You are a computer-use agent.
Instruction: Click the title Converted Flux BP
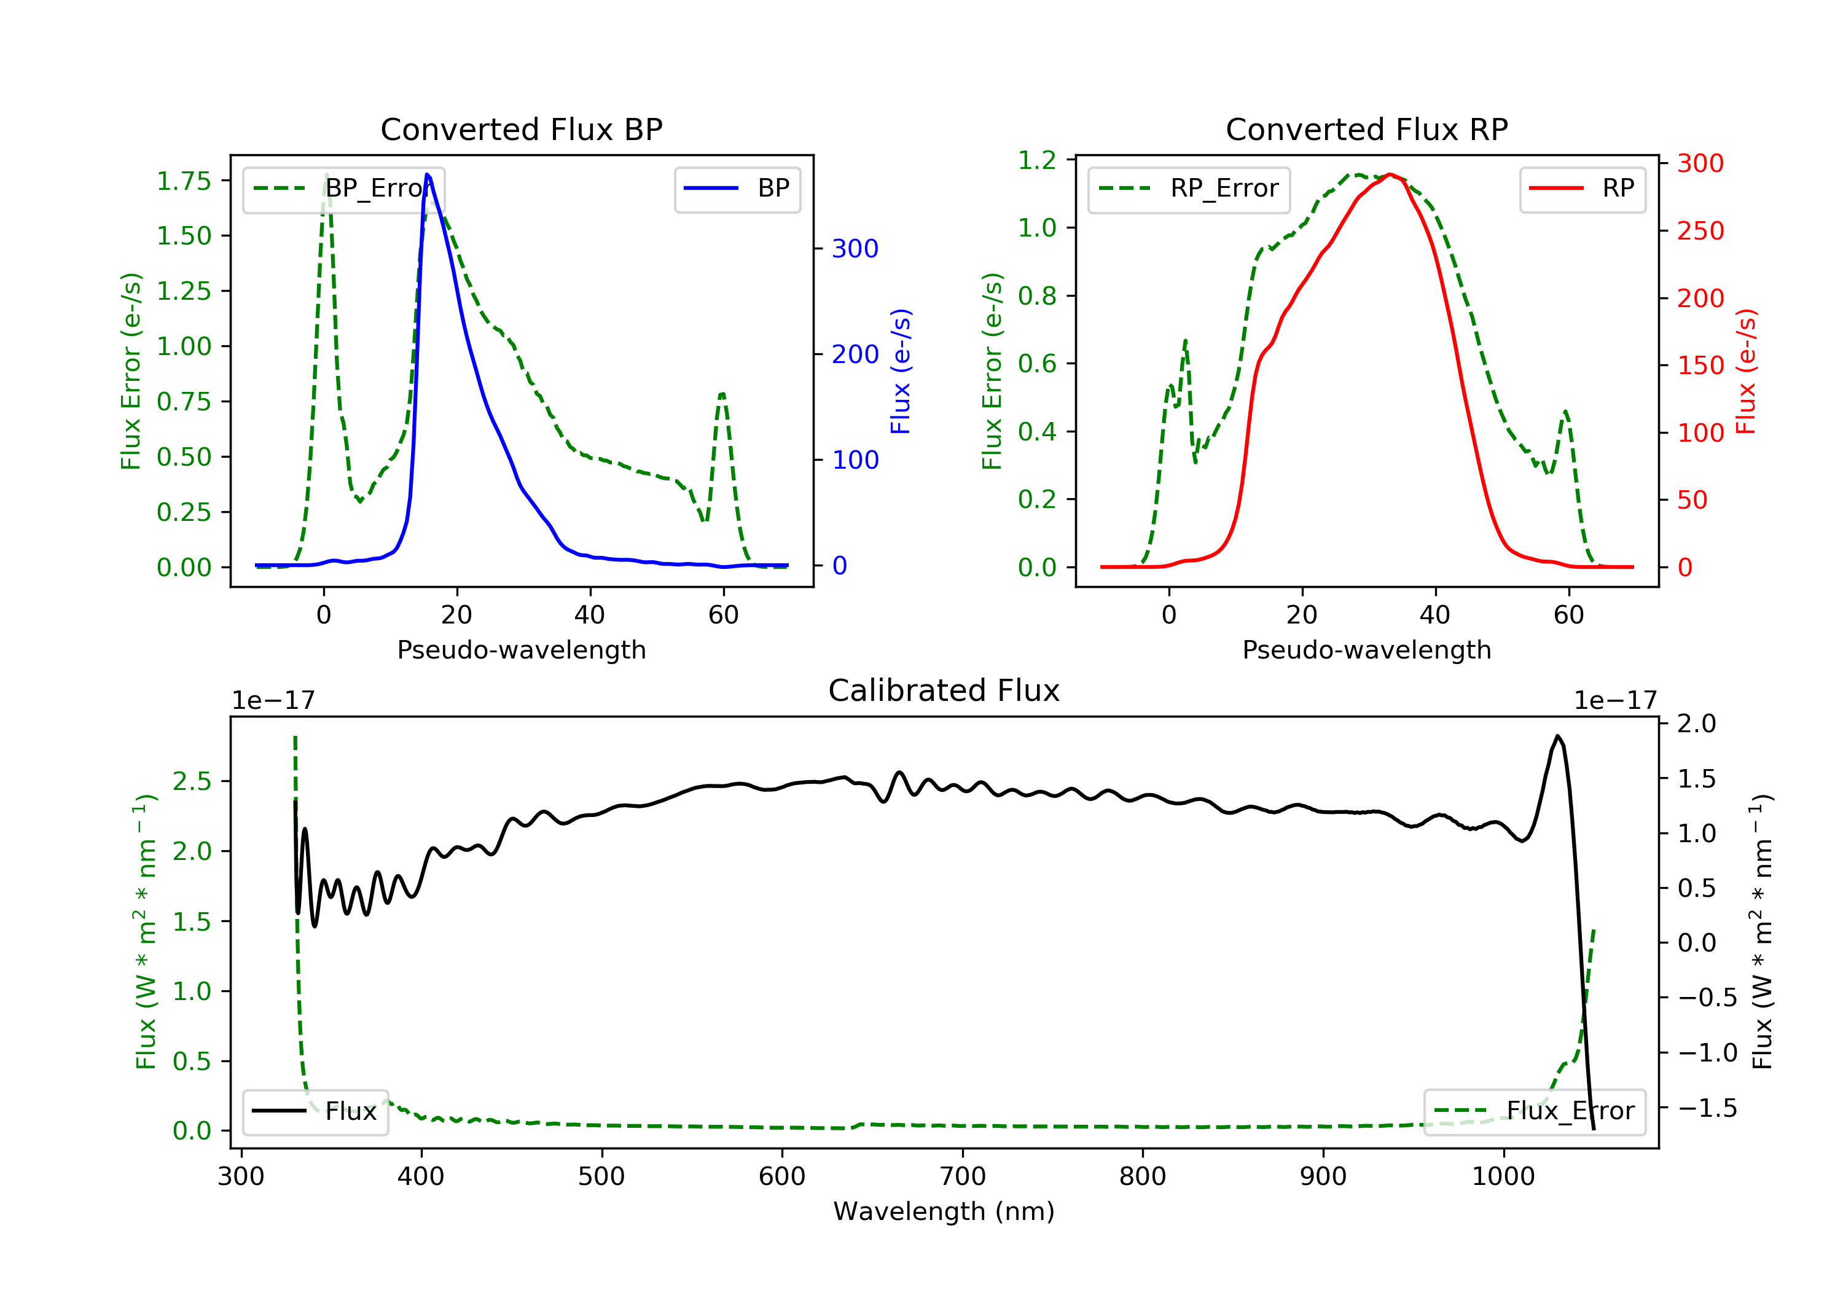[x=521, y=129]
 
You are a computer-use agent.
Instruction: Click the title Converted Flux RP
[x=1366, y=129]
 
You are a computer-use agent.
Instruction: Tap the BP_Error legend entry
[x=343, y=189]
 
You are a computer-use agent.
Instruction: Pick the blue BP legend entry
[x=737, y=189]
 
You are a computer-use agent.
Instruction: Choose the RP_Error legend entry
[x=1188, y=189]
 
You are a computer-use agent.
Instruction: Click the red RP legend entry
[x=1581, y=189]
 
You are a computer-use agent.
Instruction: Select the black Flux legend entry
[x=315, y=1111]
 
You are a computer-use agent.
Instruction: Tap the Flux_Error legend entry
[x=1534, y=1111]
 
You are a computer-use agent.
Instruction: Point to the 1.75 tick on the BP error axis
[x=184, y=181]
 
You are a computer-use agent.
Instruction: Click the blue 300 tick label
[x=855, y=249]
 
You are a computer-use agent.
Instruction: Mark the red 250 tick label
[x=1700, y=231]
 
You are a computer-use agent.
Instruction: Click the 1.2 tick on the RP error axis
[x=1037, y=160]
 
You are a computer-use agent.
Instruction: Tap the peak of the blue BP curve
[x=427, y=174]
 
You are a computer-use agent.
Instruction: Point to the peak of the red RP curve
[x=1390, y=174]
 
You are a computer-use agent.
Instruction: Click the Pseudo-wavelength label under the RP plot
[x=1366, y=649]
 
